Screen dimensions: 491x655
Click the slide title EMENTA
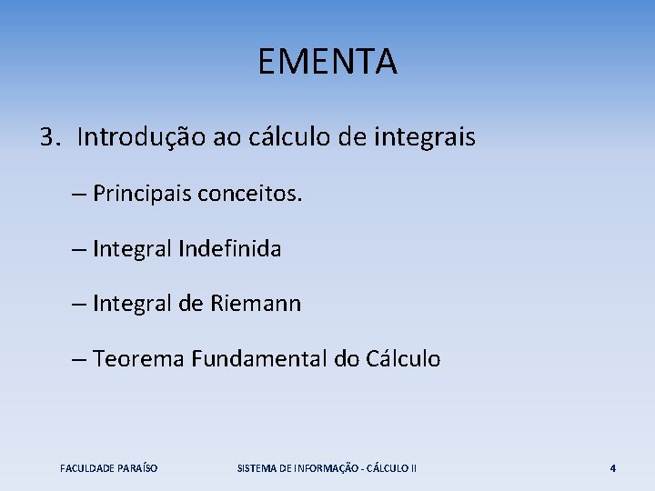(327, 63)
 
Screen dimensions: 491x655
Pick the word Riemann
(257, 305)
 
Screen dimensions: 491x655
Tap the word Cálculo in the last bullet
(402, 359)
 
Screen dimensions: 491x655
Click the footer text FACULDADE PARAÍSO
(108, 468)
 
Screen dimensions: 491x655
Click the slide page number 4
(612, 468)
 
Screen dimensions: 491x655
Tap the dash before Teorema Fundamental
(79, 360)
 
